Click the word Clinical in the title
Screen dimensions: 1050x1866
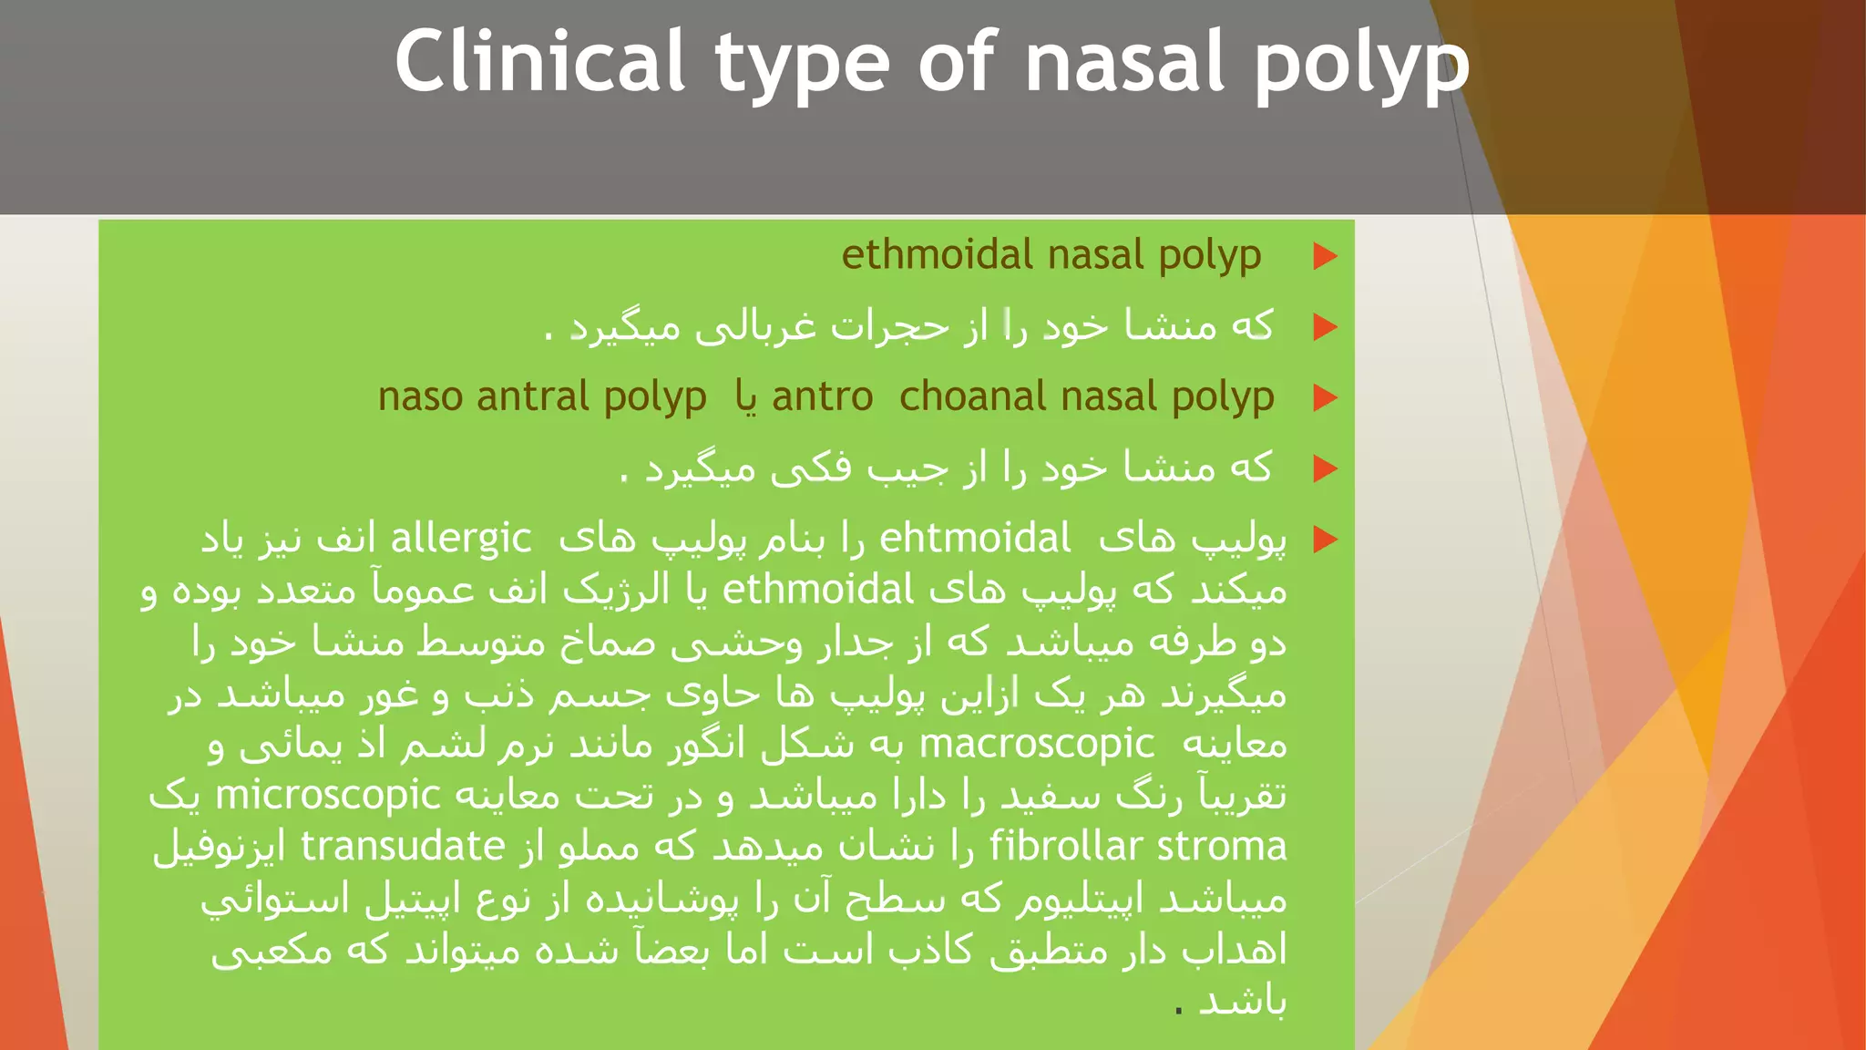click(539, 62)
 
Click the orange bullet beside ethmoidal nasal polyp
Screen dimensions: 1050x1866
click(1325, 256)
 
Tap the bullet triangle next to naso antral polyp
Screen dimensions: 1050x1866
click(1325, 398)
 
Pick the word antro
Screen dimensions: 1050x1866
click(822, 397)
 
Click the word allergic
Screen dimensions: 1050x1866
click(461, 540)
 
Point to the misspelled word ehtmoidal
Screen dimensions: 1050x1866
click(975, 539)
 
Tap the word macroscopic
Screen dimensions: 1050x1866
click(1037, 744)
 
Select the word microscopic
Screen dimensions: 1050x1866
click(328, 796)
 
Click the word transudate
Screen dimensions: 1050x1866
click(403, 847)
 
